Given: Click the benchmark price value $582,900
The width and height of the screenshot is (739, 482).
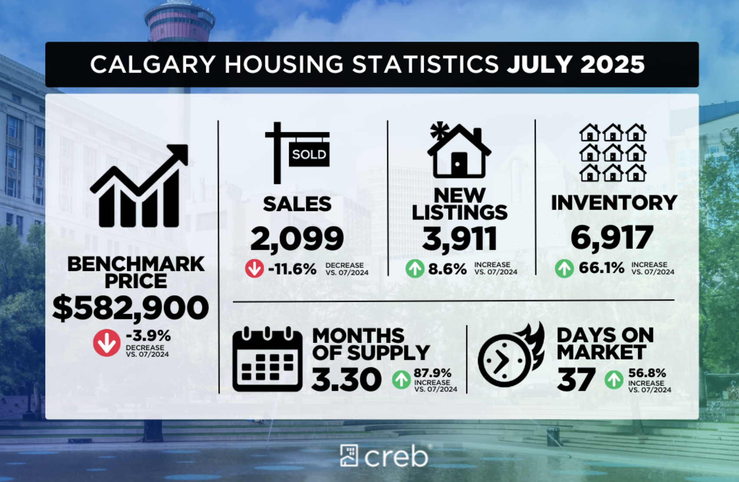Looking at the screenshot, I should coord(130,308).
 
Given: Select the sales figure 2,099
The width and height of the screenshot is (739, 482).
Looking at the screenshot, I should coord(297,239).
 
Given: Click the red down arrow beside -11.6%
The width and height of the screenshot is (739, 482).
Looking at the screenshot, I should coord(254,269).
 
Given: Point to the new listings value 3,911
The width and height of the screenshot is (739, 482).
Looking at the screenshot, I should coord(459,239).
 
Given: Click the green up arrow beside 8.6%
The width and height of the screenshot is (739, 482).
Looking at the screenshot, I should coord(415,269).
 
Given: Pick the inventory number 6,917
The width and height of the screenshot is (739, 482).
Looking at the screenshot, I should coord(612,238).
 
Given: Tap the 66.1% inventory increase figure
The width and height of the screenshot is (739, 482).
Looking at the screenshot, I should coord(601,268).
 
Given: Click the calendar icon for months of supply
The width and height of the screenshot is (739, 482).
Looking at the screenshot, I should coord(267,360).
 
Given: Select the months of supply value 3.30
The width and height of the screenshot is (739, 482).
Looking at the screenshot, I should coord(346,380).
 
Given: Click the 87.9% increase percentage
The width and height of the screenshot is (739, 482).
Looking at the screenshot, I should coord(432,373).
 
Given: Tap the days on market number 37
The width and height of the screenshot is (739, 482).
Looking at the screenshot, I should coord(576,380).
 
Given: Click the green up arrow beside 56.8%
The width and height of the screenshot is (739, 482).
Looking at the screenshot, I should coord(614,380).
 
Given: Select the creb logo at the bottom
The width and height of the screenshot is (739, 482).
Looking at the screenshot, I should coord(384,456).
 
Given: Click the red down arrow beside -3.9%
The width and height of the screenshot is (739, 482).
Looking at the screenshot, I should coord(107,343).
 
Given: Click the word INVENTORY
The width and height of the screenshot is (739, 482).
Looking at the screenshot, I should coord(614,203).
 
